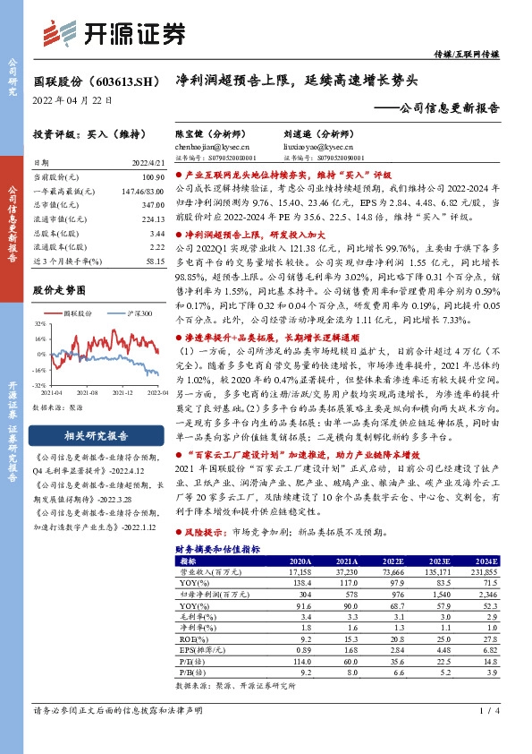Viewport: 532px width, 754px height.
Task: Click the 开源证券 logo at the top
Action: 115,35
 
